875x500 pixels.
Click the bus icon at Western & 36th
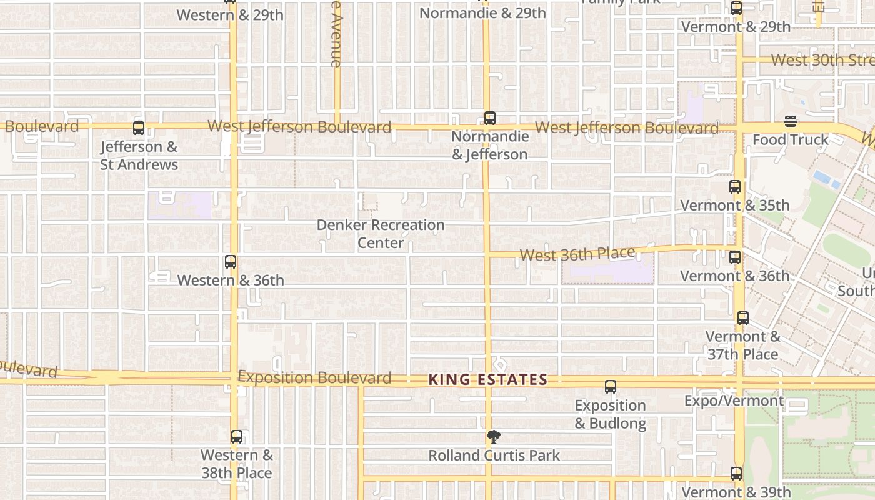click(x=231, y=262)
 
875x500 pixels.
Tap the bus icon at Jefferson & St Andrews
click(x=139, y=128)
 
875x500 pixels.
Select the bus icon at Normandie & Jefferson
click(x=490, y=117)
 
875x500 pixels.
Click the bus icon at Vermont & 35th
click(x=735, y=187)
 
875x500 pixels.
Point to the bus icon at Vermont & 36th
click(x=735, y=257)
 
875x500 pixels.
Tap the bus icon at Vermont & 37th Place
click(x=742, y=318)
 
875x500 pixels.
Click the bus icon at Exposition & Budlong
click(x=611, y=387)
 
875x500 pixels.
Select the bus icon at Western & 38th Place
click(x=236, y=437)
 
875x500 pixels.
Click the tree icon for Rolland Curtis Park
click(x=494, y=437)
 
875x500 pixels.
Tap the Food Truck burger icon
click(x=791, y=121)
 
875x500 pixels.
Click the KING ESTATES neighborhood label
click(x=488, y=380)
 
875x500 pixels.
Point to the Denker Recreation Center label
click(x=381, y=234)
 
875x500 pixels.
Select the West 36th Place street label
click(x=577, y=254)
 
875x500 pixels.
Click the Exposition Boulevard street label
click(x=314, y=377)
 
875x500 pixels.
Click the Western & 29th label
click(x=230, y=15)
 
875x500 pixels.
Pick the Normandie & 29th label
click(x=482, y=13)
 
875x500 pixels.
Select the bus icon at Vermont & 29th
click(x=736, y=9)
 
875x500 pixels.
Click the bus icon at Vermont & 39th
click(x=736, y=474)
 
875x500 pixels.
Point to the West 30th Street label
click(x=822, y=60)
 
